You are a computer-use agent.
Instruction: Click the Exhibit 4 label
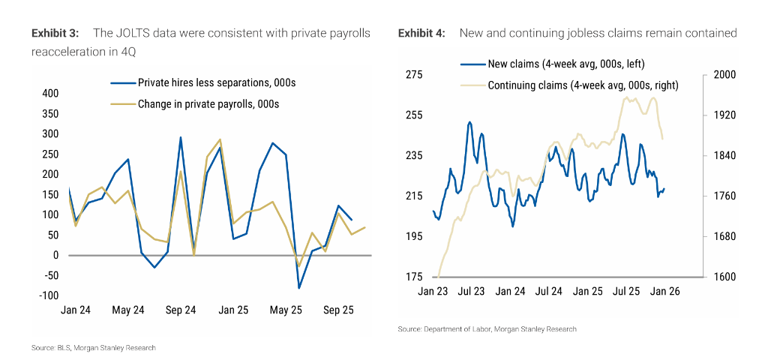[421, 33]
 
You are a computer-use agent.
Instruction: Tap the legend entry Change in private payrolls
[208, 104]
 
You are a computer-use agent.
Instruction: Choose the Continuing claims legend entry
[583, 85]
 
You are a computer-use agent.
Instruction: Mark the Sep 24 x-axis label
[180, 310]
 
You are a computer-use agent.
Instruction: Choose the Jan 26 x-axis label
[664, 291]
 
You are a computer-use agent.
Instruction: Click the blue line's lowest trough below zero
[298, 288]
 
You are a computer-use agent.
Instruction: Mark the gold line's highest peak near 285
[220, 139]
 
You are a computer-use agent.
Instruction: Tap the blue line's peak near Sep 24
[181, 137]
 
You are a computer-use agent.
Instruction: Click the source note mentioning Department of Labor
[487, 329]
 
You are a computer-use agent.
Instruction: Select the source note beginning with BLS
[94, 348]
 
